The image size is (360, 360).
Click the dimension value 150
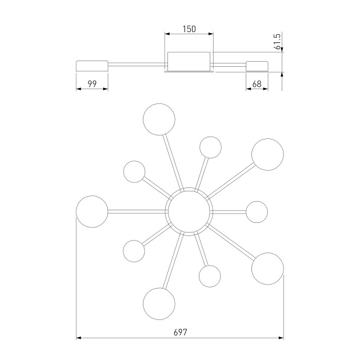[189, 29]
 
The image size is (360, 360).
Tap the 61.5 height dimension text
[277, 42]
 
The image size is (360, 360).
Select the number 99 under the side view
[92, 84]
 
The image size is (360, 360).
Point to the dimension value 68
[257, 84]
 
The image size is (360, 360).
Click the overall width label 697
[180, 332]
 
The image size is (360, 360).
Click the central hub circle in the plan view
[189, 211]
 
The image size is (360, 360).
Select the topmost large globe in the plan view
[159, 119]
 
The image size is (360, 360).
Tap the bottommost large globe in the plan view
[159, 304]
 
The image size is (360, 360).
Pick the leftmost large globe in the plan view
[92, 211]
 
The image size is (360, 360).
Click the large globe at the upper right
[267, 154]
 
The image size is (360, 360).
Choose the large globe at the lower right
[267, 269]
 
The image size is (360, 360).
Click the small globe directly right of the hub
[257, 212]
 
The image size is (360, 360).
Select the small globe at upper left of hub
[134, 172]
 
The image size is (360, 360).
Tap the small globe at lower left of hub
[134, 251]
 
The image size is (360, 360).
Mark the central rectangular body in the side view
[189, 62]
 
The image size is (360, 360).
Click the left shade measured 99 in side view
[92, 66]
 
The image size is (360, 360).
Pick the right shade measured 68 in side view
[257, 66]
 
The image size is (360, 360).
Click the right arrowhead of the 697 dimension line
[281, 338]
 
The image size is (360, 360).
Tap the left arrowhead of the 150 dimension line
[167, 34]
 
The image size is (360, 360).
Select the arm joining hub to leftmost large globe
[138, 211]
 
